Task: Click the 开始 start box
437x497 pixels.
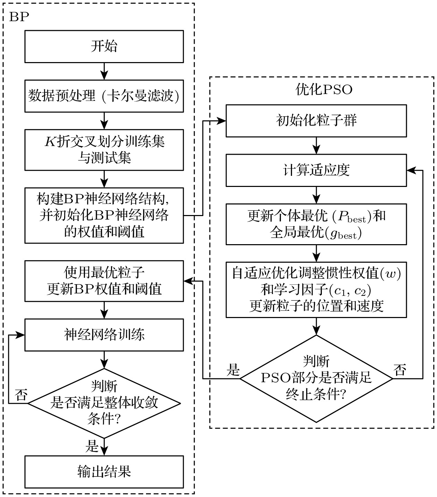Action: coord(104,46)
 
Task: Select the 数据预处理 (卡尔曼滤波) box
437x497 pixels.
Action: coord(104,96)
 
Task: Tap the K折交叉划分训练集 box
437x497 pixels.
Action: coord(104,150)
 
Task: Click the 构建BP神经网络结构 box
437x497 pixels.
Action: coord(104,215)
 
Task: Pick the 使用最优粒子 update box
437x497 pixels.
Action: coord(104,281)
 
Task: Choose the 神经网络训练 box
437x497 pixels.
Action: coord(104,335)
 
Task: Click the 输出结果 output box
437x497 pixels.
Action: coord(104,471)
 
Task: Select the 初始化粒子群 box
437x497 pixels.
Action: coord(316,121)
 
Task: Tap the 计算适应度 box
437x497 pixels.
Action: coord(316,170)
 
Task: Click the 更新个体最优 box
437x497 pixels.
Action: coord(316,224)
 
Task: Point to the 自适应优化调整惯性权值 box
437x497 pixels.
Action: coord(316,290)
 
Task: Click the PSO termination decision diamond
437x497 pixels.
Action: coord(316,378)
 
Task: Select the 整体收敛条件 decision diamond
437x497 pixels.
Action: coord(104,403)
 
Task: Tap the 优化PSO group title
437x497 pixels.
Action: coord(324,89)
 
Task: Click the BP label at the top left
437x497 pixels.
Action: coord(19,17)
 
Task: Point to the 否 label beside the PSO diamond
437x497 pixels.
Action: coord(400,370)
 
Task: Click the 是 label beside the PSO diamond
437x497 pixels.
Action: coord(233,370)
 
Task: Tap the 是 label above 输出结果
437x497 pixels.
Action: coord(92,446)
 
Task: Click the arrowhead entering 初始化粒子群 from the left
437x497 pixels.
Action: coord(222,121)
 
